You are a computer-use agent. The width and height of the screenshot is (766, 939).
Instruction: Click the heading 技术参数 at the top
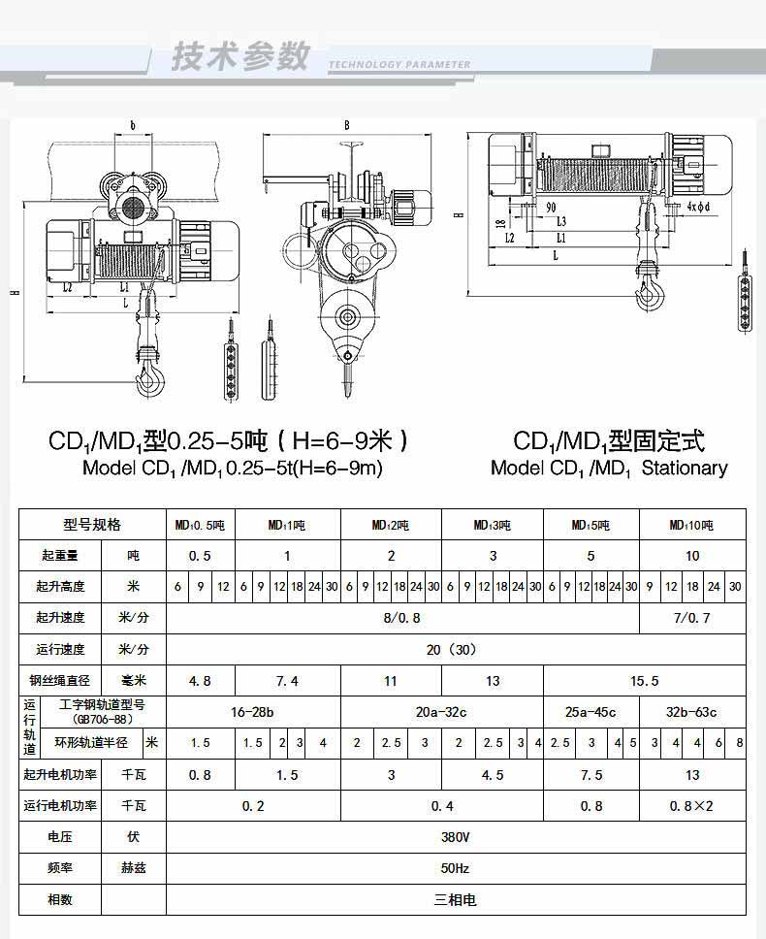[240, 55]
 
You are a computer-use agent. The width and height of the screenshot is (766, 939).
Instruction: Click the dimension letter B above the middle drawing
[346, 126]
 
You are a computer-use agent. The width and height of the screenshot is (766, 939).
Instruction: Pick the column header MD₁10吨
[691, 525]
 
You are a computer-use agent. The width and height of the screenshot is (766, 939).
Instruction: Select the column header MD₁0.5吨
[200, 525]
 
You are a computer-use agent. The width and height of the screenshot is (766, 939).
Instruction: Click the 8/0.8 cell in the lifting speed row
[401, 617]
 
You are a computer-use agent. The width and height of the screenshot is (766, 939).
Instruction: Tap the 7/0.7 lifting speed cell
[691, 617]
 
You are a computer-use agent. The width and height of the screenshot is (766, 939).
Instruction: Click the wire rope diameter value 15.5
[644, 681]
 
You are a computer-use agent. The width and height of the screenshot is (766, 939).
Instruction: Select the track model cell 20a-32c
[441, 712]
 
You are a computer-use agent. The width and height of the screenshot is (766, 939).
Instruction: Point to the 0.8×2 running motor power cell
[691, 805]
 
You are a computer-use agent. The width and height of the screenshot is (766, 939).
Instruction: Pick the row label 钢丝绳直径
[60, 681]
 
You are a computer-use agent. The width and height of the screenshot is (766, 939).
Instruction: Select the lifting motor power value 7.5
[590, 775]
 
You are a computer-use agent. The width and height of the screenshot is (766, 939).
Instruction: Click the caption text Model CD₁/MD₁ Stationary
[609, 468]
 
